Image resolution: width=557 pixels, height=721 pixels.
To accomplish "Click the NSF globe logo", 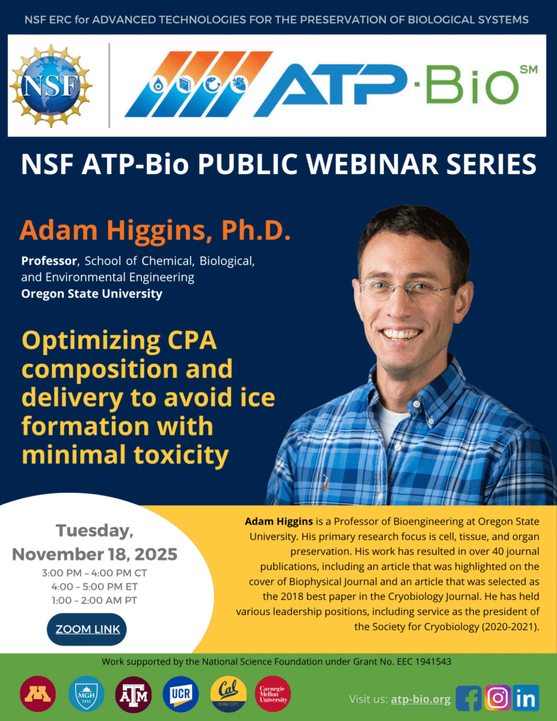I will [x=51, y=85].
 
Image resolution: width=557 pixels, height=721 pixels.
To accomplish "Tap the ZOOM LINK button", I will [x=87, y=629].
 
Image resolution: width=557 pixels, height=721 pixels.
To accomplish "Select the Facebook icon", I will [x=468, y=698].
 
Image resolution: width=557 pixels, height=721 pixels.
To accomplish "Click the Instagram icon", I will [x=497, y=698].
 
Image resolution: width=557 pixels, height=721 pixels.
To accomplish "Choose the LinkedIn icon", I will [x=525, y=698].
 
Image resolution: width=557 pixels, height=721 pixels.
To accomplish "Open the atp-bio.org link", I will [x=420, y=699].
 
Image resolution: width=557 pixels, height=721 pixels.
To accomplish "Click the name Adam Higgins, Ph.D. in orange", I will [x=155, y=230].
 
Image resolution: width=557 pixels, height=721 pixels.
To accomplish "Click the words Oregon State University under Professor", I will [x=92, y=294].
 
